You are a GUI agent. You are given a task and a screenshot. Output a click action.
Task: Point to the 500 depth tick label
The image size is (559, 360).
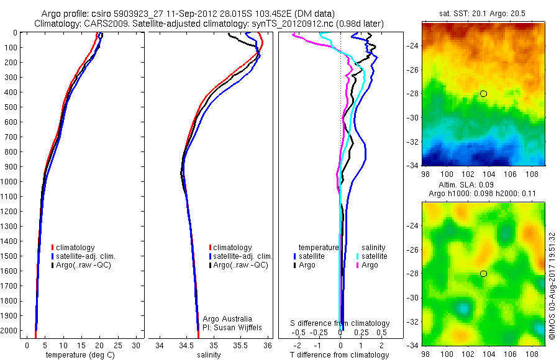click(x=10, y=107)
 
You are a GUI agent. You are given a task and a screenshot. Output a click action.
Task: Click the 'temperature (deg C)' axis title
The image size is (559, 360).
click(x=78, y=355)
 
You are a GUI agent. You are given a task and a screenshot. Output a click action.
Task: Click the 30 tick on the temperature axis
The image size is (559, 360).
click(x=136, y=345)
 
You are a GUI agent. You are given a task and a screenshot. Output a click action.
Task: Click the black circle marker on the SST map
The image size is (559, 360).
click(x=483, y=94)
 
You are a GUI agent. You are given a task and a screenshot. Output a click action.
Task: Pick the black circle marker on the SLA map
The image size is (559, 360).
click(x=483, y=274)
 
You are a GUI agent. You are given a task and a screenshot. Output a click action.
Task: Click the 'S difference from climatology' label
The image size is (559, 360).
click(x=340, y=323)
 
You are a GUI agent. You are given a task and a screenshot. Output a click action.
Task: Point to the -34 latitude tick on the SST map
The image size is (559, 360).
click(x=411, y=165)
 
